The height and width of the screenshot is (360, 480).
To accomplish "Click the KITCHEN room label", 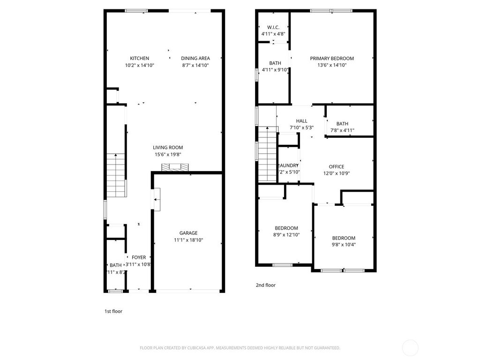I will coord(140,59).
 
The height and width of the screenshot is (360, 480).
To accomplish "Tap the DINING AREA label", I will coord(195,59).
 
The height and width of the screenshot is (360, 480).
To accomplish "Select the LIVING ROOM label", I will coord(168,147).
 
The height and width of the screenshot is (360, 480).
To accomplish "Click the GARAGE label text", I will coord(188,233).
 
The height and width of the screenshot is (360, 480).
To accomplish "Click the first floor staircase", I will coord(116,176).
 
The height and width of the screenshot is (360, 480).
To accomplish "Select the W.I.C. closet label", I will coord(273,27).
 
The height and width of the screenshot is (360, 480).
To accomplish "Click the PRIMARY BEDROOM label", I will coord(332,59).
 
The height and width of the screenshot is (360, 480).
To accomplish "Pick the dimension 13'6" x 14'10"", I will coord(332,65).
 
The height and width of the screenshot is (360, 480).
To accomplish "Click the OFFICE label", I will coord(337,166).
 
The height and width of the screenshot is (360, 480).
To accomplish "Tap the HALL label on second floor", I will coord(301,121).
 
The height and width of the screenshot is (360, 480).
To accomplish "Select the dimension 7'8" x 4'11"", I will coord(342,131).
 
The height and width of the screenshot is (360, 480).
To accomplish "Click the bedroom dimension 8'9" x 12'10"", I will coord(286,235).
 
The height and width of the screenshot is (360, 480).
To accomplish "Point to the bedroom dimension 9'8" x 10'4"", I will coord(344,244).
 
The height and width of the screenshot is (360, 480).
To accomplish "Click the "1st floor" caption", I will coord(113,311).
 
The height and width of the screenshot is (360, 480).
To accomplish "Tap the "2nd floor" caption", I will coord(266,285).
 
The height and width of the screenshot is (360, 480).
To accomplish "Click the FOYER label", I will coord(139,257).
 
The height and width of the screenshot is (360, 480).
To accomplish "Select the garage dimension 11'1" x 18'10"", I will coord(188,240).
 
